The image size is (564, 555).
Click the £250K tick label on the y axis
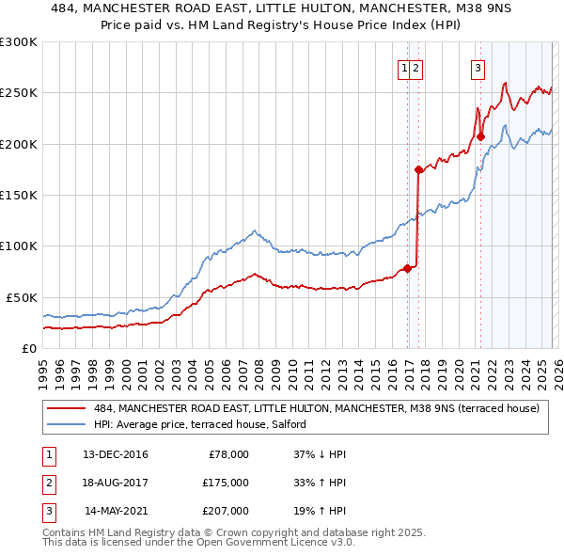coord(19,93)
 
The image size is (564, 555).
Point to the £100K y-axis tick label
coord(19,246)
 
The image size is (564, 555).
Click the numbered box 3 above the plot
coord(478,67)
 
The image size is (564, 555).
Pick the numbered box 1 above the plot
coord(404,67)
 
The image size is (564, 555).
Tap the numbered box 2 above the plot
coord(415,67)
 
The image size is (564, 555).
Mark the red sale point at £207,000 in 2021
coord(480,136)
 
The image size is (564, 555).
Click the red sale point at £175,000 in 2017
coord(418,169)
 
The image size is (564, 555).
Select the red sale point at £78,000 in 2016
coord(407,268)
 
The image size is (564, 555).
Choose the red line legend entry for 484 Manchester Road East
coord(316,408)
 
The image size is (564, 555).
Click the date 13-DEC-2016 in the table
coord(115,454)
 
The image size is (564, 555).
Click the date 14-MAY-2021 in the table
coord(116,511)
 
